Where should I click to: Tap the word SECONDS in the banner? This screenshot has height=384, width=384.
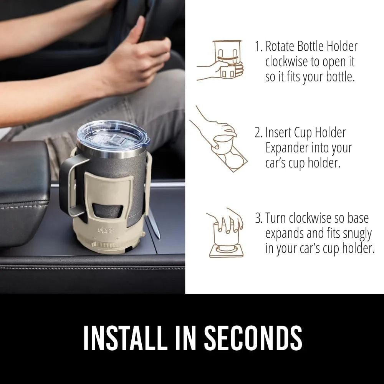(253, 338)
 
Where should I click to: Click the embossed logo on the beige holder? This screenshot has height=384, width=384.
(106, 230)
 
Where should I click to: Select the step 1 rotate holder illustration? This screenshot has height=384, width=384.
(220, 60)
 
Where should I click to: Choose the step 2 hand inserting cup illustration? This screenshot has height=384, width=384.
(218, 139)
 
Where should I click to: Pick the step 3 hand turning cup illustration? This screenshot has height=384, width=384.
(226, 233)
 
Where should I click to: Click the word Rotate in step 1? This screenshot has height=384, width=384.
(280, 46)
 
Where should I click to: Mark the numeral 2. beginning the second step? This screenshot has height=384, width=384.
(258, 133)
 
